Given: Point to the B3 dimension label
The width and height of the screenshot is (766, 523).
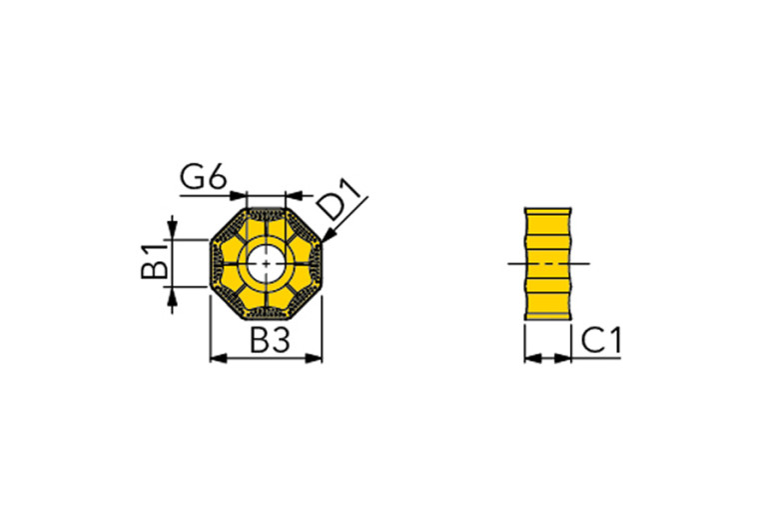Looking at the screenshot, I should (268, 341).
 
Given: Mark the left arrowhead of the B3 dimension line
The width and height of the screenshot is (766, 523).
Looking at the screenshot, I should (215, 357).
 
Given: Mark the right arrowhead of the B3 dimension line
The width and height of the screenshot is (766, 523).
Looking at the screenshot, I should (317, 357).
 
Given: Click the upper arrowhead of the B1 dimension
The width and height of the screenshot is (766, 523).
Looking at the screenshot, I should (174, 234).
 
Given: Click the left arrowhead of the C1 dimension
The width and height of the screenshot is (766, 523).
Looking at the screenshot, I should (529, 357).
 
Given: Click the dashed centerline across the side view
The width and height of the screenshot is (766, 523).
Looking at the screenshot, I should (548, 264).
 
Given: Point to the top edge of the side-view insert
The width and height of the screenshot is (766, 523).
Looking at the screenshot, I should (547, 208).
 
